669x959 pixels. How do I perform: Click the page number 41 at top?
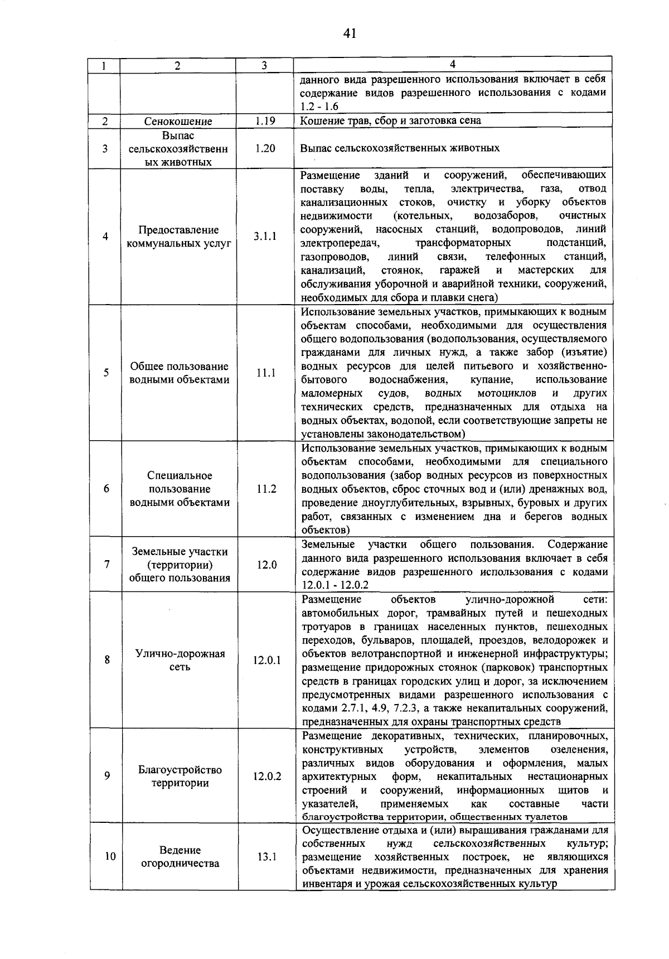[x=350, y=33]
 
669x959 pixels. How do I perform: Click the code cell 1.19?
[x=265, y=121]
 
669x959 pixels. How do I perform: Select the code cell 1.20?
[x=265, y=148]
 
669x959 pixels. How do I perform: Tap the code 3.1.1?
[x=265, y=237]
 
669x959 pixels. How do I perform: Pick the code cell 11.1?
[x=265, y=373]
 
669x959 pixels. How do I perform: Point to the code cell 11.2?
[x=266, y=489]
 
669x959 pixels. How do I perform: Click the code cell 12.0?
[x=266, y=565]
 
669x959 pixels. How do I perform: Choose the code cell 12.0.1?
[x=266, y=661]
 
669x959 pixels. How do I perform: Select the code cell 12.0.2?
[x=266, y=777]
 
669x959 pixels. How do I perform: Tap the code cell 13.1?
[x=266, y=857]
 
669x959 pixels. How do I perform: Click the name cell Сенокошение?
[x=178, y=121]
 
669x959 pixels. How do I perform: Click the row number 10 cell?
[x=110, y=856]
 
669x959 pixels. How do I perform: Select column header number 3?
[x=264, y=65]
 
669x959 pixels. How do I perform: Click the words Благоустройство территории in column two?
[x=180, y=777]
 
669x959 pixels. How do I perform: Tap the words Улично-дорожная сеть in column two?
[x=180, y=661]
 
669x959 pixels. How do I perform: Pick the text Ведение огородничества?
[x=180, y=857]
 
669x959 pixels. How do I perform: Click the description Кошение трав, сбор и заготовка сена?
[x=390, y=121]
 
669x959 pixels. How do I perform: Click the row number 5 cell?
[x=105, y=373]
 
